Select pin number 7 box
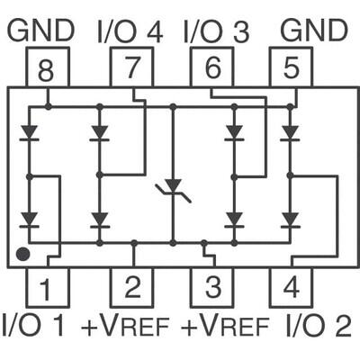pos(131,67)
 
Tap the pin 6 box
pos(212,67)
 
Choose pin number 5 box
pos(292,67)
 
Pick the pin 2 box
pos(131,288)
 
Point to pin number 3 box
pos(212,288)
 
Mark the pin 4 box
pos(292,288)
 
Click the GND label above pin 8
pos(40,30)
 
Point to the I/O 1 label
pos(33,325)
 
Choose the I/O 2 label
pos(317,325)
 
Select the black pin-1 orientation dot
pos(23,255)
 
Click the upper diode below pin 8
pos(29,133)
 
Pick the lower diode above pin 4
pos(290,219)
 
